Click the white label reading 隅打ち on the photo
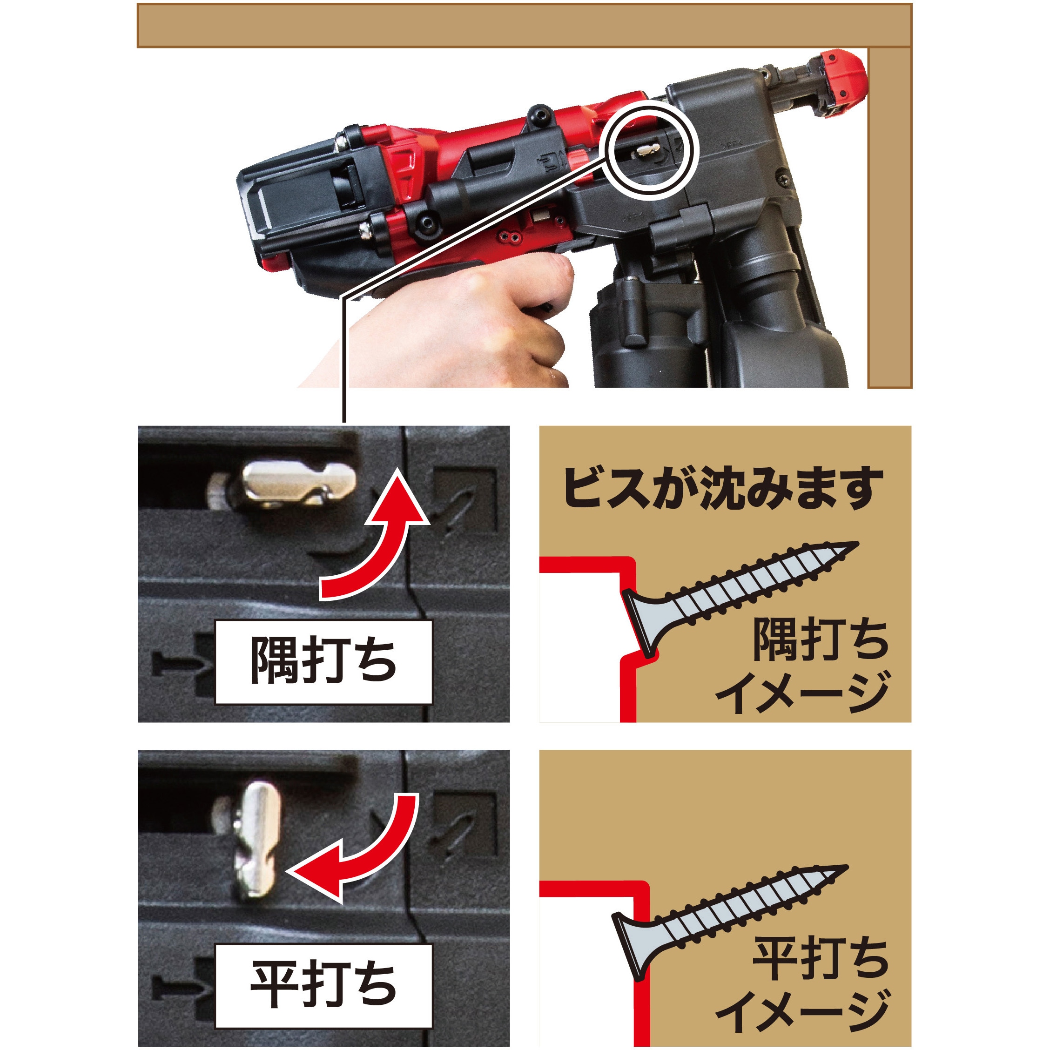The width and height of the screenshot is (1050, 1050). click(x=323, y=662)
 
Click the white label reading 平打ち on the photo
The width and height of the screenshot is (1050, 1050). click(x=323, y=986)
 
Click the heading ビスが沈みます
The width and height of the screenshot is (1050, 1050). click(x=723, y=489)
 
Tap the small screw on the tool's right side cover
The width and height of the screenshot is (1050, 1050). click(x=786, y=177)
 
